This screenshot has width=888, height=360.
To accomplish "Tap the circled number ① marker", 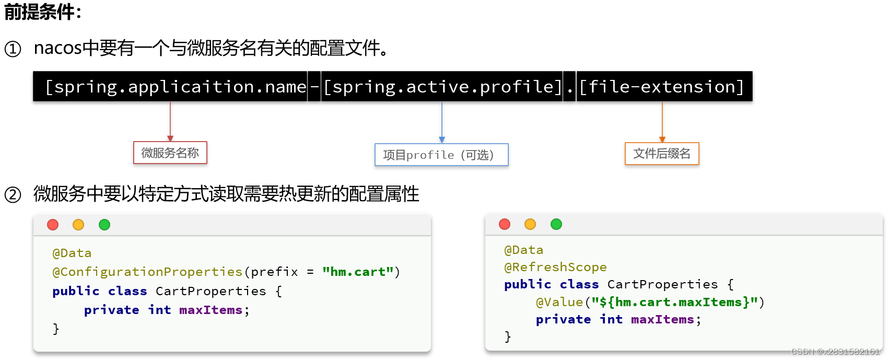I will click(13, 49).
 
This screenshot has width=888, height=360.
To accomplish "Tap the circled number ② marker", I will click(13, 195).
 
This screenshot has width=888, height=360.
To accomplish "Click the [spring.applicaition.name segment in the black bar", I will click(176, 87).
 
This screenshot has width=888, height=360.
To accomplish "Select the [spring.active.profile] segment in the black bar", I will click(442, 87).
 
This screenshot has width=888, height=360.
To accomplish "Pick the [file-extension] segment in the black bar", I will click(662, 87).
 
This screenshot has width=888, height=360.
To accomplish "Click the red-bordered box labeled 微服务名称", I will click(170, 153).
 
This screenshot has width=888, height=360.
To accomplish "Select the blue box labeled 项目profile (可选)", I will click(441, 155).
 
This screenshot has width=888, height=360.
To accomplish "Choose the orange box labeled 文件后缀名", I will click(662, 154).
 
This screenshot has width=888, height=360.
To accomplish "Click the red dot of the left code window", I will click(53, 225).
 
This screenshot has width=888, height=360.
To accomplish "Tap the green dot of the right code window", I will click(556, 224).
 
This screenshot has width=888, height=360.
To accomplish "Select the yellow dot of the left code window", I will click(78, 225).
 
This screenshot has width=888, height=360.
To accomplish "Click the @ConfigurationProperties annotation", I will click(147, 272).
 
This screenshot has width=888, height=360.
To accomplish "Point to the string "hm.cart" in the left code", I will click(358, 272).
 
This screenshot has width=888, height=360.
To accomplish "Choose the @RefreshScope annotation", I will click(555, 267).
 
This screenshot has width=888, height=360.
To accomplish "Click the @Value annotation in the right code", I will click(559, 302).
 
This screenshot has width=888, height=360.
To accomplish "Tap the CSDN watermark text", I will click(835, 352).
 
